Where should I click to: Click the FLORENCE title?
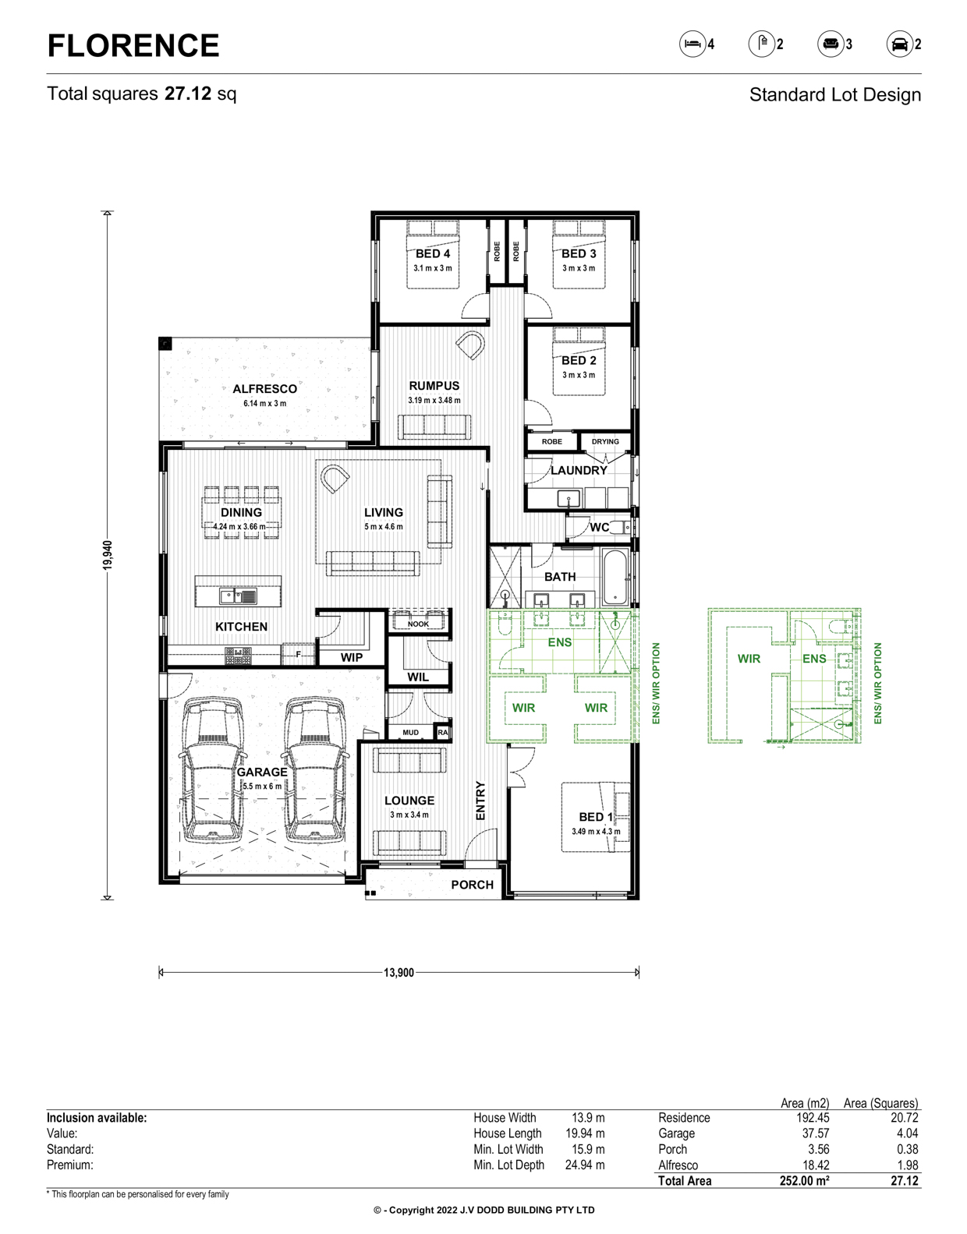coord(133,45)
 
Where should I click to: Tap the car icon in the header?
coord(899,44)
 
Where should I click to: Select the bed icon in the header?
coord(692,44)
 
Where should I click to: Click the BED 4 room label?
coord(433,254)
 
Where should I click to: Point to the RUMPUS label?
coord(434,386)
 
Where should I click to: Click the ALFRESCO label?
coord(264,389)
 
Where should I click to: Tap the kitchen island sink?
coord(239,596)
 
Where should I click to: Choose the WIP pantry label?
coord(352,657)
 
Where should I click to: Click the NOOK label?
coord(419,624)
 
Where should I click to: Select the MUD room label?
coord(410,733)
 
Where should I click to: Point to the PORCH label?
coord(473,885)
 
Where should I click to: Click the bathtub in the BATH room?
coord(616,577)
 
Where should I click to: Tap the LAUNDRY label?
coord(579,470)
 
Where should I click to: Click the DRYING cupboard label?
coord(605,441)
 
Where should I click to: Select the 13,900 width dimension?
coord(398,973)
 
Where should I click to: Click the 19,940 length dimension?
coord(108,555)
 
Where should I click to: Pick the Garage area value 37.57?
coord(816,1133)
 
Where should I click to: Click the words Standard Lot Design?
coord(835,95)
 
